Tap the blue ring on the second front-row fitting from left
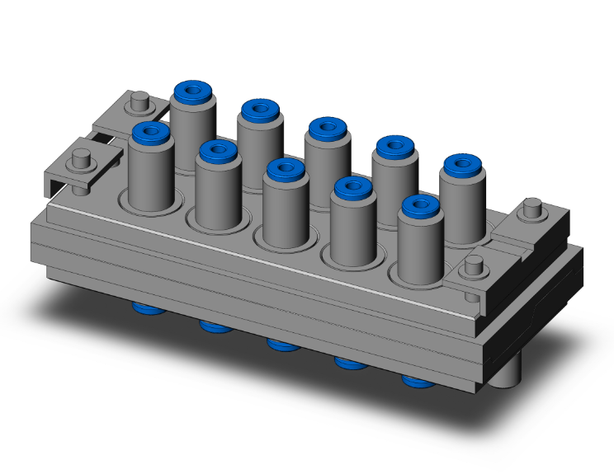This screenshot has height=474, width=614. tap(218, 150)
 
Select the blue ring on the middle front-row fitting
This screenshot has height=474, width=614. tap(286, 170)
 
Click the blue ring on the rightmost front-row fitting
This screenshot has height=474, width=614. tap(419, 207)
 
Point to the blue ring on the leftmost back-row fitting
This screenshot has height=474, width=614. tap(193, 89)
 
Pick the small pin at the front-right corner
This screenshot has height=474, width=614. tap(473, 265)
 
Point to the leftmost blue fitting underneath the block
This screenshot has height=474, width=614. tap(149, 308)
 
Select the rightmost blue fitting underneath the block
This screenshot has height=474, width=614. tap(417, 380)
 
